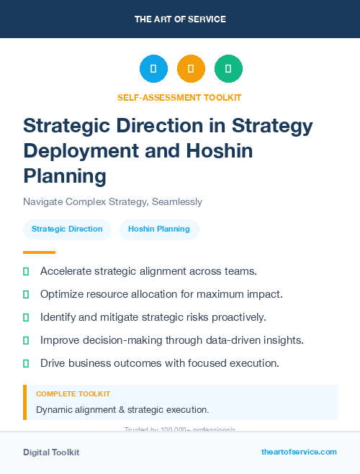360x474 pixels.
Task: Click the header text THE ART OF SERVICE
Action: (x=180, y=19)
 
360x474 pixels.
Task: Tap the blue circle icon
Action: (x=153, y=68)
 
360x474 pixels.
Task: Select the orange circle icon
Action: (x=191, y=68)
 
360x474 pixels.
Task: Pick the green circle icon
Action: (x=228, y=68)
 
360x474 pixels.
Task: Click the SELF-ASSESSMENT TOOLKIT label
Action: (x=179, y=97)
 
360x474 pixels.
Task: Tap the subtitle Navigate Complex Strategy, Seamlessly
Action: (x=112, y=201)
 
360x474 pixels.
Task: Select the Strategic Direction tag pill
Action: (x=67, y=229)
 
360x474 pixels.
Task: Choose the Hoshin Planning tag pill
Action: (x=159, y=229)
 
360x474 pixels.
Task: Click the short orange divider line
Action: (x=39, y=252)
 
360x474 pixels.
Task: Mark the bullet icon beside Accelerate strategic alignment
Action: (x=26, y=271)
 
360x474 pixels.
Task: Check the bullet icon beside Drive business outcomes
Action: (x=26, y=363)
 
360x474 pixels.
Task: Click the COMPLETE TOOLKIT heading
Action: (x=73, y=394)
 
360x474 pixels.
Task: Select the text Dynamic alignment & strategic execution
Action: (x=122, y=410)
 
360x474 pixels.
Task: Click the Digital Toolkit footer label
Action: (x=51, y=452)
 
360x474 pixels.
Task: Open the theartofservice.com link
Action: (x=299, y=452)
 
